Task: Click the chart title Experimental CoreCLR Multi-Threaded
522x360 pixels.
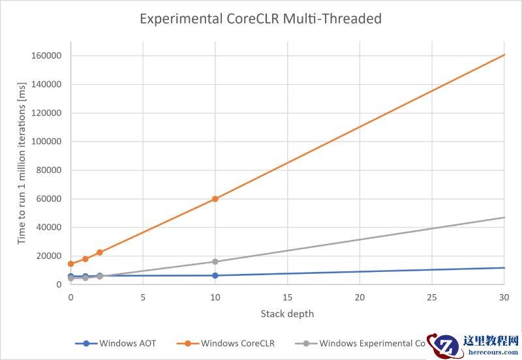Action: (261, 19)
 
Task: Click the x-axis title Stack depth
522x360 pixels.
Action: (287, 314)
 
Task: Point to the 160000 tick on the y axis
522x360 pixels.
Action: (46, 55)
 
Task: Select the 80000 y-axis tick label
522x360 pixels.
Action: (48, 170)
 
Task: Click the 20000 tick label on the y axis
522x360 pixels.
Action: (48, 256)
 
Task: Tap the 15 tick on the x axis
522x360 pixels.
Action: (287, 297)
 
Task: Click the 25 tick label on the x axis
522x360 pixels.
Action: (432, 297)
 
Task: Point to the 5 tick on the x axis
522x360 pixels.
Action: (143, 297)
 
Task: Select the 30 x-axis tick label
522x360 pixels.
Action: (504, 297)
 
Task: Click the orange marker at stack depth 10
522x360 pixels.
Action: (215, 199)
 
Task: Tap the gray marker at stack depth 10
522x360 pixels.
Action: (215, 262)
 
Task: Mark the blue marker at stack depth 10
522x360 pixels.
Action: (215, 275)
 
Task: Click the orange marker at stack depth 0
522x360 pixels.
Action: (70, 263)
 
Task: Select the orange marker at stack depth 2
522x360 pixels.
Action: (100, 252)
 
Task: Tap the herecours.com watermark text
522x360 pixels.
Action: (490, 352)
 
